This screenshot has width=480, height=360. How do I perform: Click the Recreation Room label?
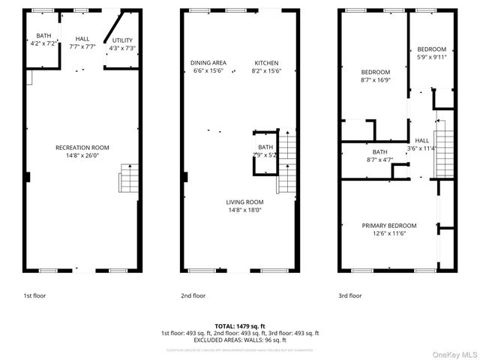tap(82, 148)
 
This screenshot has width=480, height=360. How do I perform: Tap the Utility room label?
tap(121, 40)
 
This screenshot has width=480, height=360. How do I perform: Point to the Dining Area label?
tap(208, 63)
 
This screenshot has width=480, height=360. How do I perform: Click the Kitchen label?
tap(266, 63)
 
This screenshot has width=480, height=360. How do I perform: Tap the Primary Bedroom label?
tap(388, 226)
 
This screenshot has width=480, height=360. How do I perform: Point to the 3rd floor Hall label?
tap(421, 141)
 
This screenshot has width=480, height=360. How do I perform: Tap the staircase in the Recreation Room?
tap(129, 180)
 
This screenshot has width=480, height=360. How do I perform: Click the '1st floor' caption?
tap(34, 295)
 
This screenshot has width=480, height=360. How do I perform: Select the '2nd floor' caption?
tap(193, 295)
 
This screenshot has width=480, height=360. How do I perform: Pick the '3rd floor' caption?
tap(349, 295)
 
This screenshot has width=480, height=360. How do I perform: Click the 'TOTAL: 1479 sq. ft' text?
tap(239, 326)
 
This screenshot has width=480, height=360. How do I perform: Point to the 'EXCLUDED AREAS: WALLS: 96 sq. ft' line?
tap(239, 340)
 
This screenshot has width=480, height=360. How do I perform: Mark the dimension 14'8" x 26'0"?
tap(82, 156)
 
